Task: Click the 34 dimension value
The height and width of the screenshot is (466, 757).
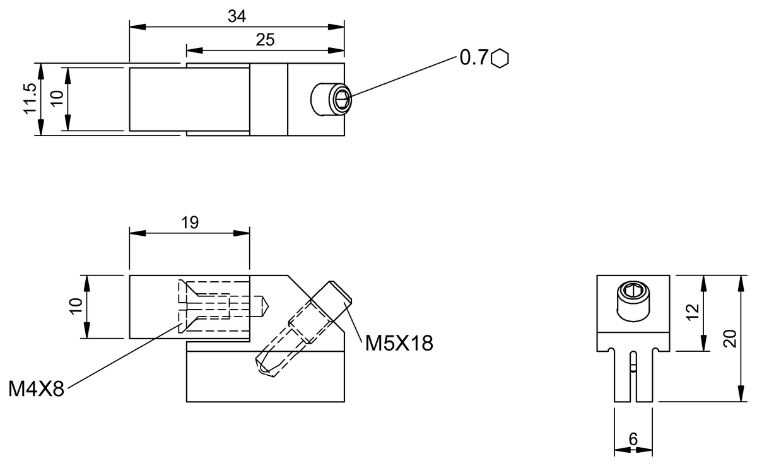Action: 237,17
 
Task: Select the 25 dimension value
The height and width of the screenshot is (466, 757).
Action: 265,40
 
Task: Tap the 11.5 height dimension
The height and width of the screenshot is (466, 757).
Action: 29,100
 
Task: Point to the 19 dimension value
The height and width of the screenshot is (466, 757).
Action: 189,222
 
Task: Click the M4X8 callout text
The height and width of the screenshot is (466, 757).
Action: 37,388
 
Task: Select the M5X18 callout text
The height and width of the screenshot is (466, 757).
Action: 398,343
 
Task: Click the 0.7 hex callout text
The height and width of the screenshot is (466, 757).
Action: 475,58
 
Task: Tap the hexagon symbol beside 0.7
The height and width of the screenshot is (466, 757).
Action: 501,58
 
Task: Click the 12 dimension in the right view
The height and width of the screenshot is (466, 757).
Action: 693,313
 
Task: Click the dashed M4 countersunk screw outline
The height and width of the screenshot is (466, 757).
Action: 208,306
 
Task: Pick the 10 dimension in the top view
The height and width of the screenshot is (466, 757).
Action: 57,100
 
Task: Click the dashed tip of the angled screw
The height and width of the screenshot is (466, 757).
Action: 265,366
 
